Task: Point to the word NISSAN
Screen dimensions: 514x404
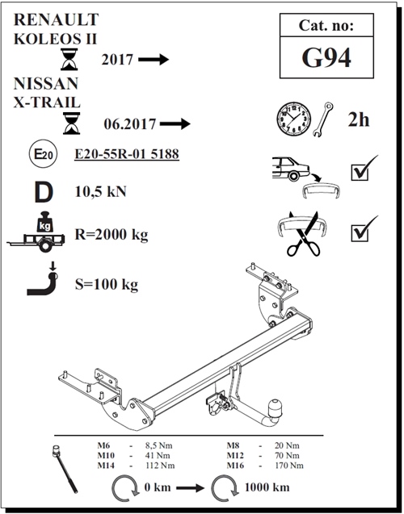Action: click(46, 83)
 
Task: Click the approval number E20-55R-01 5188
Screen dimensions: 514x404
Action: click(125, 154)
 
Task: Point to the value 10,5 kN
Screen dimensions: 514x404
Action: click(99, 192)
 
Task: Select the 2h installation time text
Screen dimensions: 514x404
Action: click(358, 119)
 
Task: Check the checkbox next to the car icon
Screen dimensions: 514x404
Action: click(360, 171)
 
